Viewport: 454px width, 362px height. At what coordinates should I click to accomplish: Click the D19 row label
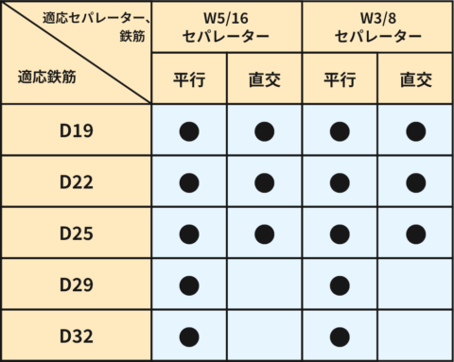click(76, 131)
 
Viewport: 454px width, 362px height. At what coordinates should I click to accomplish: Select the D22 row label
click(76, 181)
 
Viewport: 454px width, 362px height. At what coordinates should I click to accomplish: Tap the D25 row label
click(76, 233)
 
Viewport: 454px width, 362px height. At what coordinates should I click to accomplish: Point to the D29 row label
click(76, 284)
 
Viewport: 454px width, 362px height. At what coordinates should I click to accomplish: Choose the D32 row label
click(76, 335)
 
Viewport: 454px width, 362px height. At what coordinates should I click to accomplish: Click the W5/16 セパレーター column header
click(227, 27)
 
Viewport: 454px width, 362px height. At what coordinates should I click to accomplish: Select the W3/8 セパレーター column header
click(377, 27)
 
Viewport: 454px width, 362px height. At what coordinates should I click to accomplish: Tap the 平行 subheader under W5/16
click(189, 79)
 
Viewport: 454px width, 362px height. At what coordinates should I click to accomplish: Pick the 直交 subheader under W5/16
click(264, 79)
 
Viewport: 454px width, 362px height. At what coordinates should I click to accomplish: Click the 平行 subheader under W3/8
click(340, 79)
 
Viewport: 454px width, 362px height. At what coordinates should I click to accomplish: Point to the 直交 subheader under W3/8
click(414, 79)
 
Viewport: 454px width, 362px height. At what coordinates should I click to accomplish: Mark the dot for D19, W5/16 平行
click(189, 131)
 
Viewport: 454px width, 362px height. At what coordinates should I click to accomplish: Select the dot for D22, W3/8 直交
click(414, 181)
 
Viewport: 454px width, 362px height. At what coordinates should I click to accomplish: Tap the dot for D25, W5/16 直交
click(264, 233)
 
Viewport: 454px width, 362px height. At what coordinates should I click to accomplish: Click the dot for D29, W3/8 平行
click(340, 284)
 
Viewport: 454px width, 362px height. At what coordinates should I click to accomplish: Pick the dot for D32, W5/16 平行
click(189, 335)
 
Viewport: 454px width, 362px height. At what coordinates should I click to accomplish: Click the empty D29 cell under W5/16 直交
click(264, 284)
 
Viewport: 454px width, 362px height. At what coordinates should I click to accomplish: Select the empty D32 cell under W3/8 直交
click(414, 335)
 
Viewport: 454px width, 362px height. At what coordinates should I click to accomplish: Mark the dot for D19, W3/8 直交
click(414, 131)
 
